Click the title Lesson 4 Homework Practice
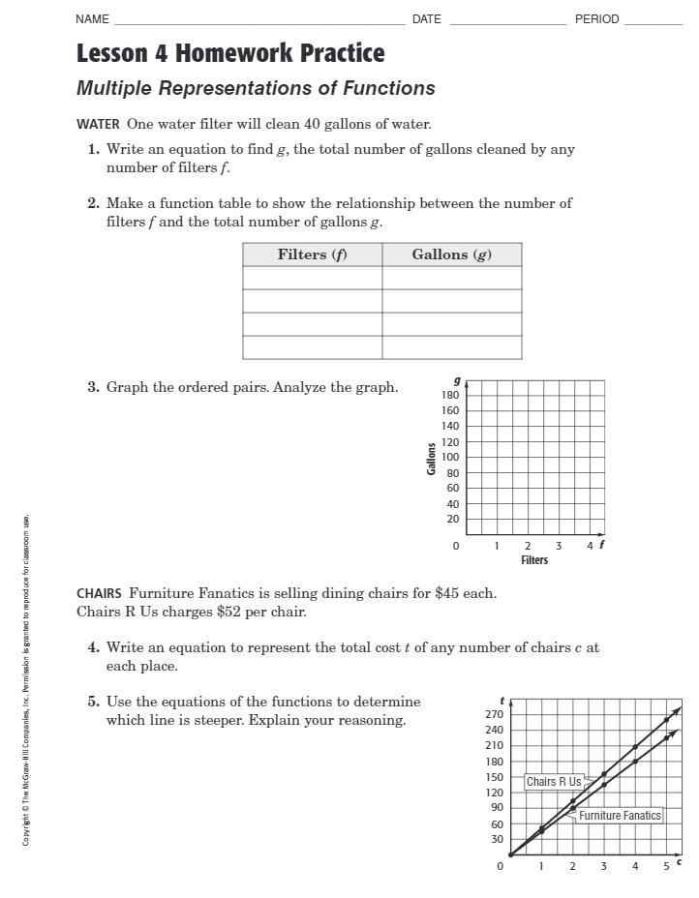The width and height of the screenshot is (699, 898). pyautogui.click(x=230, y=53)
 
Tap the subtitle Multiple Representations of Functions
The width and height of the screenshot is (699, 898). pyautogui.click(x=256, y=88)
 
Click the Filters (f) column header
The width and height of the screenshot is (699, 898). pyautogui.click(x=312, y=254)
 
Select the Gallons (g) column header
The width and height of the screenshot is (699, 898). pyautogui.click(x=451, y=254)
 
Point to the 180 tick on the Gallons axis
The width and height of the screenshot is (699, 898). pyautogui.click(x=450, y=395)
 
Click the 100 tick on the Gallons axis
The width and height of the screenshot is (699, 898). pyautogui.click(x=450, y=457)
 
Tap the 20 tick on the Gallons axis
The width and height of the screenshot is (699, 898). pyautogui.click(x=452, y=520)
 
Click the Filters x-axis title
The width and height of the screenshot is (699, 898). pyautogui.click(x=534, y=560)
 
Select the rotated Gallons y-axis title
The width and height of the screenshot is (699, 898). pyautogui.click(x=432, y=458)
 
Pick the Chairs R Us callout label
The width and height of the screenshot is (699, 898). pyautogui.click(x=554, y=782)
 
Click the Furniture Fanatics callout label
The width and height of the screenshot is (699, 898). pyautogui.click(x=620, y=816)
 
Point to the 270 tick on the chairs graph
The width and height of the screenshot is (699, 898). pyautogui.click(x=494, y=714)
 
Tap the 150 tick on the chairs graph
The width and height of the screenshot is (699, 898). pyautogui.click(x=494, y=777)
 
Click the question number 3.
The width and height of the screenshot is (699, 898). pyautogui.click(x=93, y=387)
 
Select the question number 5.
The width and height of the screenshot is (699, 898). pyautogui.click(x=93, y=702)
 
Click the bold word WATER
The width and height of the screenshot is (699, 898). pyautogui.click(x=98, y=124)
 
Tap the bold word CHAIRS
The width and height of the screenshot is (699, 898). pyautogui.click(x=99, y=593)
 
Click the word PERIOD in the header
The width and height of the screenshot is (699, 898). pyautogui.click(x=596, y=19)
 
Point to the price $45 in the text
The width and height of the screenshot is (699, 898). pyautogui.click(x=446, y=593)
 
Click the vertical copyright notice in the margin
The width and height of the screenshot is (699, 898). pyautogui.click(x=27, y=677)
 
